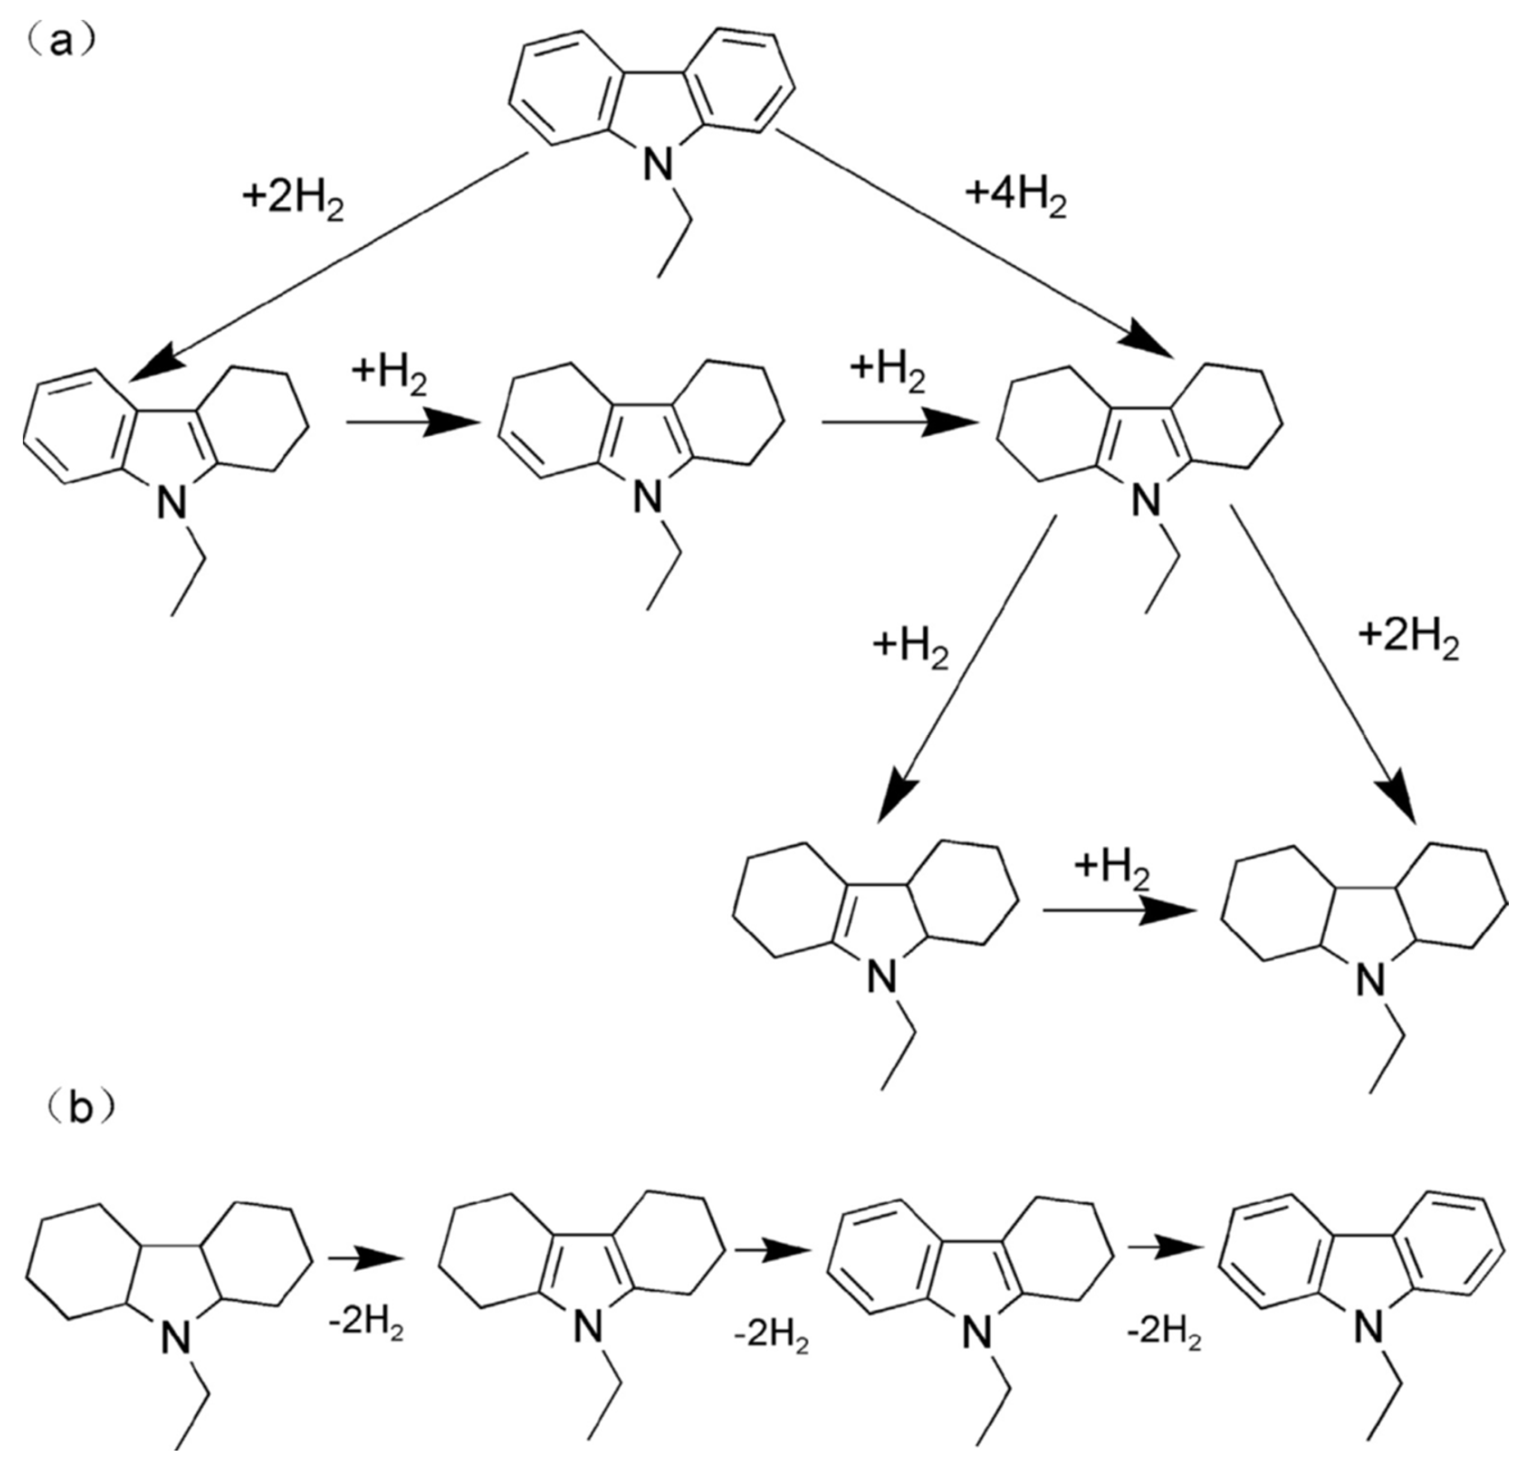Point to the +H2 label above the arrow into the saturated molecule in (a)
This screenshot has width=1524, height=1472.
click(x=1112, y=869)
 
